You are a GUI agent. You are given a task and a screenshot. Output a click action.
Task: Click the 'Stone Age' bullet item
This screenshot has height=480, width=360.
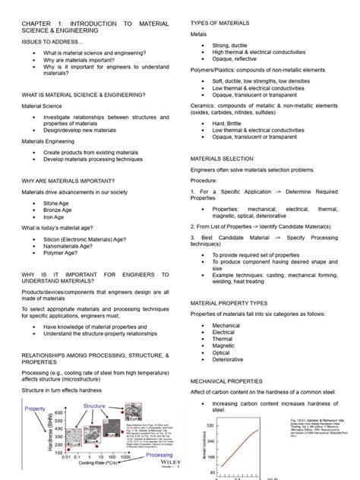click(57, 204)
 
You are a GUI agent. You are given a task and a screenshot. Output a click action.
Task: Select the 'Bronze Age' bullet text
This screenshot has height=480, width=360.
click(58, 210)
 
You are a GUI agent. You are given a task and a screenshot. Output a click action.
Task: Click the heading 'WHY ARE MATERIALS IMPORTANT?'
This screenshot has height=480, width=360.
click(68, 180)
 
